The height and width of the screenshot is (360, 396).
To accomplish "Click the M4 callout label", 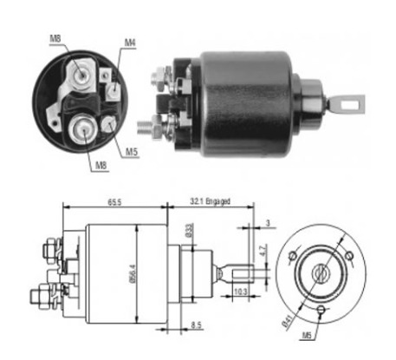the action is (130, 43).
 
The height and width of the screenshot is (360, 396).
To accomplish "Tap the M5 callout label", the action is (132, 152).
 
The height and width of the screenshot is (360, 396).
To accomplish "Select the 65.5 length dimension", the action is (114, 202).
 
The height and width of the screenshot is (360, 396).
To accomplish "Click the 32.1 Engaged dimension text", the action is (210, 201).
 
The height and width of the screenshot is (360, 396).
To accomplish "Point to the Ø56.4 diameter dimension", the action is (133, 273).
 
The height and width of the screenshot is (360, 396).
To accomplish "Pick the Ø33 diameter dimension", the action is (189, 230).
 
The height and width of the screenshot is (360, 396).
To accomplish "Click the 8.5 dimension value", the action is (196, 325).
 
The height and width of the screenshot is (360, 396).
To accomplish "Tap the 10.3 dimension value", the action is (240, 291).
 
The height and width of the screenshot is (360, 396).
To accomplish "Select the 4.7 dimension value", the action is (263, 250).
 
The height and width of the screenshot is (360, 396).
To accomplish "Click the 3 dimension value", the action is (268, 223).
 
